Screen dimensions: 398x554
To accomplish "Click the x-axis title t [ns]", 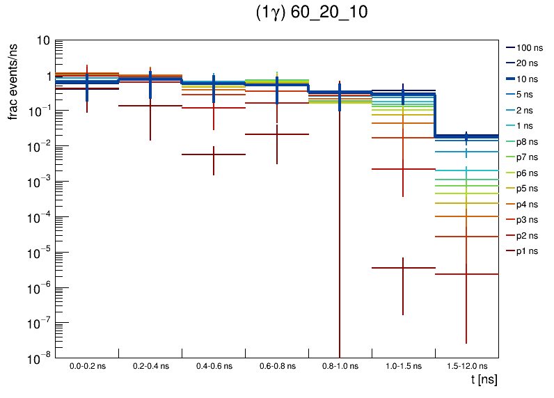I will pos(484,381).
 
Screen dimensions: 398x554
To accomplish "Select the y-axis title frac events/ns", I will pos(13,80).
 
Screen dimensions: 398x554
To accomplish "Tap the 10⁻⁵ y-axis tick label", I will pos(38,253).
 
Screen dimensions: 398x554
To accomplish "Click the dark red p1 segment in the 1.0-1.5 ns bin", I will pos(403,268).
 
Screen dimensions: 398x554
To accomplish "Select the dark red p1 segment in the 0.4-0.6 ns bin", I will pos(214,154).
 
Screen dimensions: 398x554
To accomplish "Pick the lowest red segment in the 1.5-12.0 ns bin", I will pos(466,274).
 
